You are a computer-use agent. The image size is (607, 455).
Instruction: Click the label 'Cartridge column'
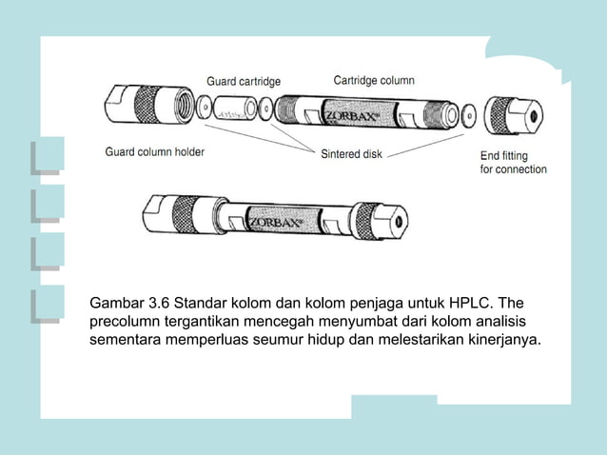[373, 80]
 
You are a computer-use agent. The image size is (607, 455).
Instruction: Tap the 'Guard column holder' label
[154, 151]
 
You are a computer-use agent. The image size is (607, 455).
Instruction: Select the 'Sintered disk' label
[351, 152]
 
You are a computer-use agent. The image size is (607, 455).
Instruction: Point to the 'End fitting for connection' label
[513, 162]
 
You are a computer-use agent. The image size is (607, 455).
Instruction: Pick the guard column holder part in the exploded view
[147, 107]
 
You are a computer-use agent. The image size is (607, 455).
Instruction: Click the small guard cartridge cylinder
[233, 112]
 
